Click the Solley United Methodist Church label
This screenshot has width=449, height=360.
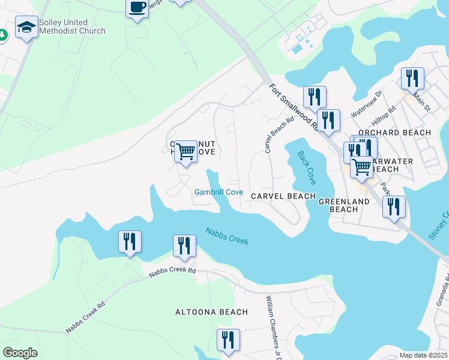[72, 27]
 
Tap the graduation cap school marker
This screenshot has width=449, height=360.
[27, 27]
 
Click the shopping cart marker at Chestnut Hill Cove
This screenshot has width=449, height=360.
[186, 152]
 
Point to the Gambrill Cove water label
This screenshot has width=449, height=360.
[218, 193]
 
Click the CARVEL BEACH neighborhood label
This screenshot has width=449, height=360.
[283, 196]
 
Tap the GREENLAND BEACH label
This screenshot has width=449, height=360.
[344, 206]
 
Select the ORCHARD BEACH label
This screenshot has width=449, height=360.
[394, 133]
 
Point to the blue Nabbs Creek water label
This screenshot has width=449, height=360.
[227, 236]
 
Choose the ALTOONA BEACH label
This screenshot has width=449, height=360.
[211, 312]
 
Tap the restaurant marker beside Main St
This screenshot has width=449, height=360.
[412, 79]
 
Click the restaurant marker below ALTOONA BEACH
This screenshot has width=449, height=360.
[228, 340]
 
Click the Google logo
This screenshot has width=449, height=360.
[20, 353]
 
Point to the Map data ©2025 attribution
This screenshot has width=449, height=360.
[422, 355]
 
